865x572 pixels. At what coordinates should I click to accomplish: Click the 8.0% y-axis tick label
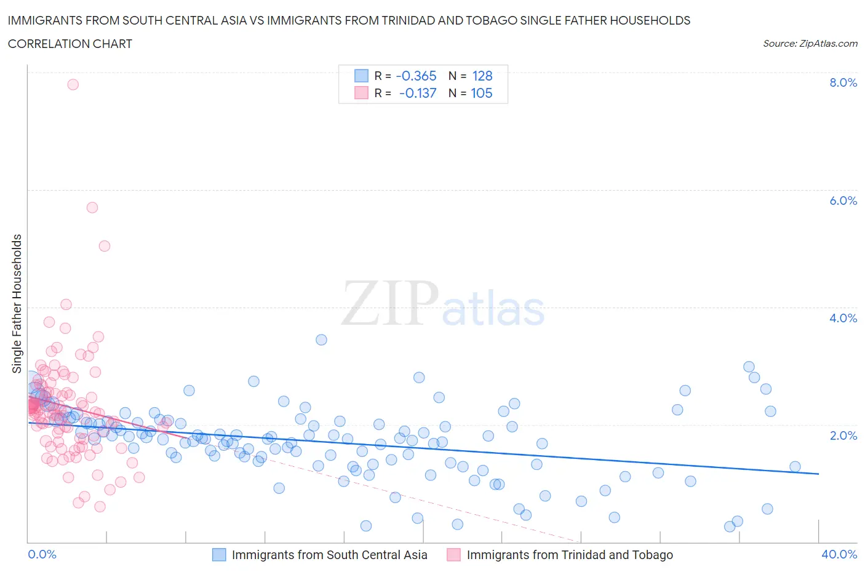843,82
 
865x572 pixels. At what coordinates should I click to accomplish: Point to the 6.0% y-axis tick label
843,201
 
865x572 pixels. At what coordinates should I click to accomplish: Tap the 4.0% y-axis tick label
843,318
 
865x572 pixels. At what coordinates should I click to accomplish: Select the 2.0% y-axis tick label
843,435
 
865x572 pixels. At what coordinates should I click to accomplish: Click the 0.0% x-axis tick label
42,554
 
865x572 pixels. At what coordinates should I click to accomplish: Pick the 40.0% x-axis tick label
839,554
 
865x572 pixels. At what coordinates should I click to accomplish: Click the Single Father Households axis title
17,303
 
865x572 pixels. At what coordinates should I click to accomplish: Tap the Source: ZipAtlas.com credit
810,43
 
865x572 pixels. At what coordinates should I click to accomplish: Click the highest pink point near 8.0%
73,84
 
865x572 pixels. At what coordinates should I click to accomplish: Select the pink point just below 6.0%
92,207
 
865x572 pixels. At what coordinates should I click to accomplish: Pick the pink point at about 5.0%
105,246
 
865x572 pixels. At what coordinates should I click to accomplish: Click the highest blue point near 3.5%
321,340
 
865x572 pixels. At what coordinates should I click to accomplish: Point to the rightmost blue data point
795,466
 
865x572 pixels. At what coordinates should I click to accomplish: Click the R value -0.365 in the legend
416,76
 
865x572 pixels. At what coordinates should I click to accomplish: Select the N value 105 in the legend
482,93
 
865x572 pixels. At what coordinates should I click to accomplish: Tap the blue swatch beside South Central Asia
219,555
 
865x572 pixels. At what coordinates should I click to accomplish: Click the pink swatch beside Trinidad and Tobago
453,555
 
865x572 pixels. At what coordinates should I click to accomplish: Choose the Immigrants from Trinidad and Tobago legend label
570,555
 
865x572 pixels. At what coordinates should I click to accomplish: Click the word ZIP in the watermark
390,303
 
